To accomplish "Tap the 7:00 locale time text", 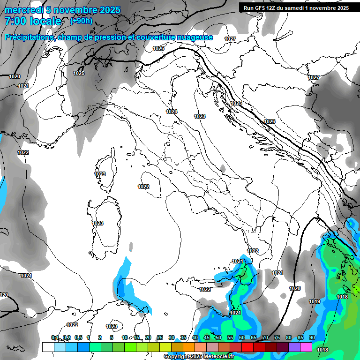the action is pyautogui.click(x=33, y=21).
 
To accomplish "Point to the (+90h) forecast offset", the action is pyautogui.click(x=81, y=21).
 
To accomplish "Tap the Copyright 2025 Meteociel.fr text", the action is pyautogui.click(x=199, y=357).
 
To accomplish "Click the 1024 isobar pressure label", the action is pyautogui.click(x=172, y=112).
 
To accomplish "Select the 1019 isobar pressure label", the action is pyautogui.click(x=315, y=301).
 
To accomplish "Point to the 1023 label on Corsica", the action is pyautogui.click(x=100, y=174).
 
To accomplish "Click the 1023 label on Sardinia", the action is pyautogui.click(x=97, y=223).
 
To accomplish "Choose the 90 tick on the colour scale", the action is pyautogui.click(x=312, y=337).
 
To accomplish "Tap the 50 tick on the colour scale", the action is pyautogui.click(x=218, y=337).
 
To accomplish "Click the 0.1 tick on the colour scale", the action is pyautogui.click(x=55, y=337).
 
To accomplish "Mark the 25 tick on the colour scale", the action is pyautogui.click(x=160, y=337).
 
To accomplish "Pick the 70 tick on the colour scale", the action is pyautogui.click(x=265, y=337).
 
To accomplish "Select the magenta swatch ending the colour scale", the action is pyautogui.click(x=306, y=347).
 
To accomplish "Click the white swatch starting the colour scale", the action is pyautogui.click(x=48, y=347).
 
